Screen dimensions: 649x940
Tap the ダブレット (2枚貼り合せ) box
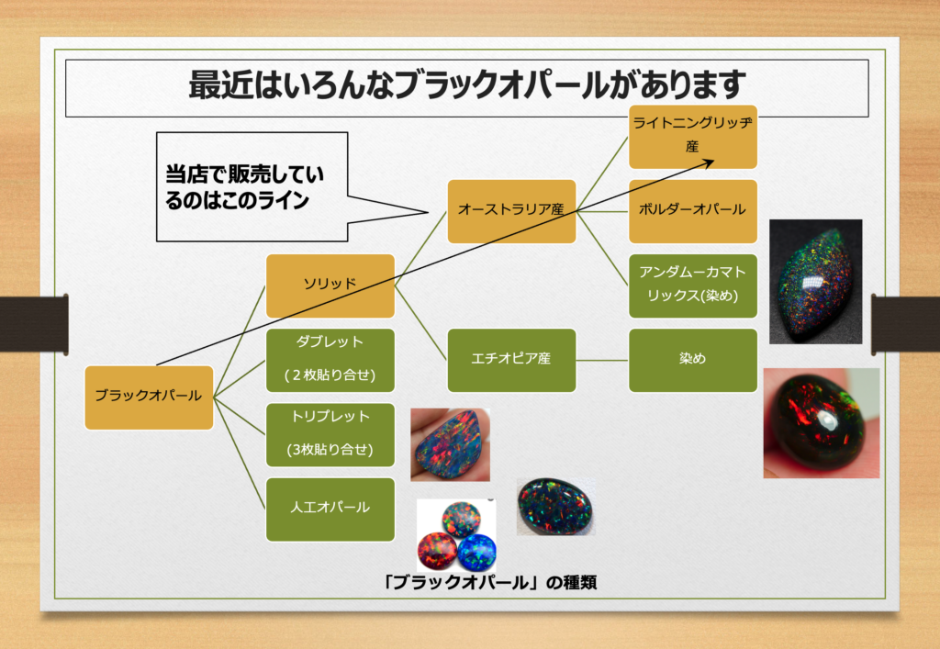[330, 360]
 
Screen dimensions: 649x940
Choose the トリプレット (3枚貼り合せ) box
[330, 434]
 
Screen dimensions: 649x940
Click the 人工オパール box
[330, 509]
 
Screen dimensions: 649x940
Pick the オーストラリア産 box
[511, 211]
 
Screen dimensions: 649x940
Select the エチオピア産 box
[511, 360]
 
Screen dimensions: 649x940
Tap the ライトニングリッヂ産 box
[692, 136]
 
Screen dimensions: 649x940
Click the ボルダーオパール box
[692, 211]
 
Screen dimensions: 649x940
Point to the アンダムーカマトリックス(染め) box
[692, 285]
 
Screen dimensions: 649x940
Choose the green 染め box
[692, 360]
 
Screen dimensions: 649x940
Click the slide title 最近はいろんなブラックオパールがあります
[465, 85]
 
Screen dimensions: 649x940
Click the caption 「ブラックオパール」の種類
[492, 582]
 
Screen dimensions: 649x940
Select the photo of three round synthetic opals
[456, 535]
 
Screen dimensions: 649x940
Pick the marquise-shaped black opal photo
[815, 281]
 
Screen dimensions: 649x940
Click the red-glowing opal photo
[821, 423]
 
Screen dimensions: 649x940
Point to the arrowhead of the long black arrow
[711, 161]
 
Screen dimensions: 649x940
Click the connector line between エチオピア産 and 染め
[602, 360]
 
